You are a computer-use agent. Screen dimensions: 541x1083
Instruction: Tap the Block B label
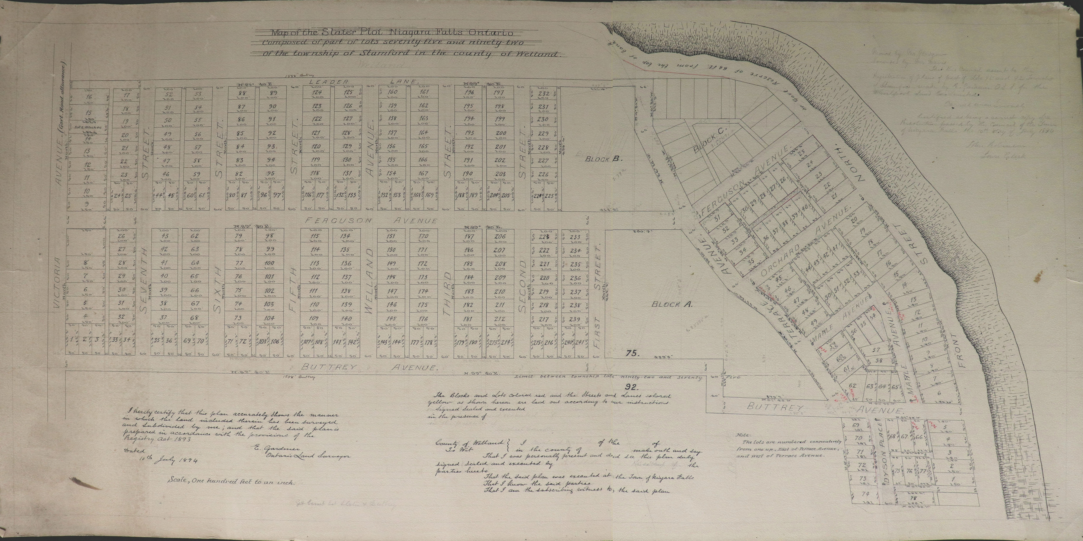pyautogui.click(x=603, y=159)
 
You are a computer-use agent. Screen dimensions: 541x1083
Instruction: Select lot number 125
pyautogui.click(x=348, y=92)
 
